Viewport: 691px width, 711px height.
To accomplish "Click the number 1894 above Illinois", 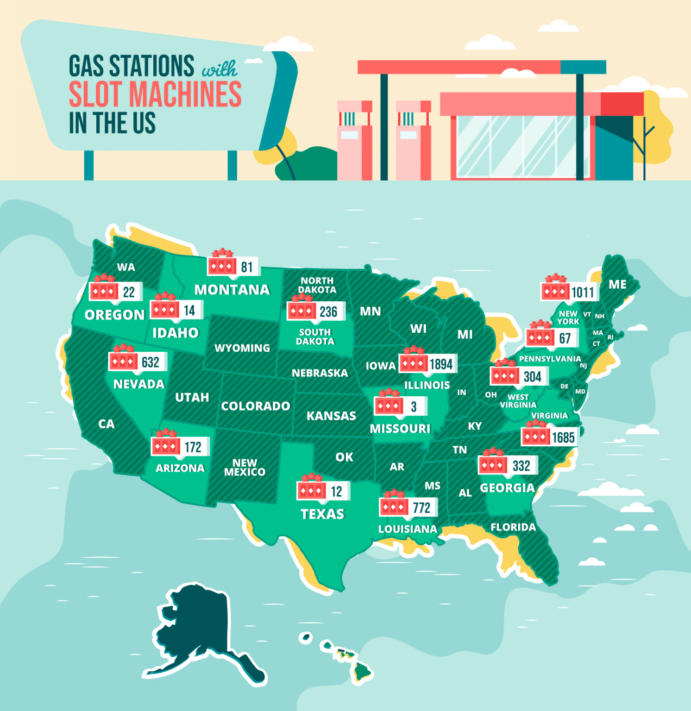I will tap(441, 364).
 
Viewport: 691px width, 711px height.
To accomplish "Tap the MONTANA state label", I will tap(232, 290).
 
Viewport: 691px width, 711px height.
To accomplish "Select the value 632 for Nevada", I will tap(151, 362).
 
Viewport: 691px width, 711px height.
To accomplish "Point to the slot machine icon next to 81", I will tap(222, 266).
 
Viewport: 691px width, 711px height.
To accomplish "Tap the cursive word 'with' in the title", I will tap(220, 69).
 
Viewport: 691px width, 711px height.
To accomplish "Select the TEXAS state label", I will tap(323, 514).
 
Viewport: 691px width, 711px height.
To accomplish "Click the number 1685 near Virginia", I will tap(563, 437).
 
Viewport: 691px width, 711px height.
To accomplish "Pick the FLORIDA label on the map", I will tap(513, 527).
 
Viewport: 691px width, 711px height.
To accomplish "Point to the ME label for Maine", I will tap(617, 285).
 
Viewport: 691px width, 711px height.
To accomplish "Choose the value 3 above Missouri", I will tap(414, 407).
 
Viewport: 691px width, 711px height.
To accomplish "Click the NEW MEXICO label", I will tap(245, 468).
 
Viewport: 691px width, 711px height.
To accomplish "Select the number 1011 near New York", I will tap(582, 293).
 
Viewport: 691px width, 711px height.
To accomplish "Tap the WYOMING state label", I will tap(242, 348).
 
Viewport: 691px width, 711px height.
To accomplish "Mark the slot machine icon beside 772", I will tap(393, 506).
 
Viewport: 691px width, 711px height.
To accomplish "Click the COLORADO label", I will tap(256, 406).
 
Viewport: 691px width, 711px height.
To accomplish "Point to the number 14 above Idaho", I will tap(189, 310).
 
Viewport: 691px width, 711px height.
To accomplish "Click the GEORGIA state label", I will tap(507, 488).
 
